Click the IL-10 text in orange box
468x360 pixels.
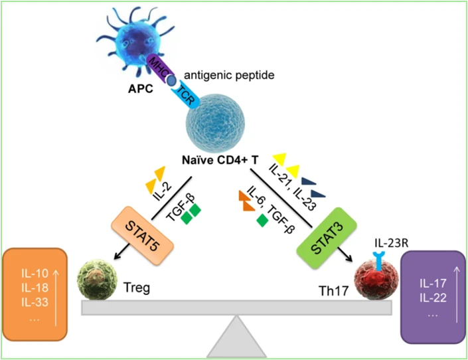click(x=27, y=272)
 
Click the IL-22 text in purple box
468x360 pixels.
click(x=431, y=298)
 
